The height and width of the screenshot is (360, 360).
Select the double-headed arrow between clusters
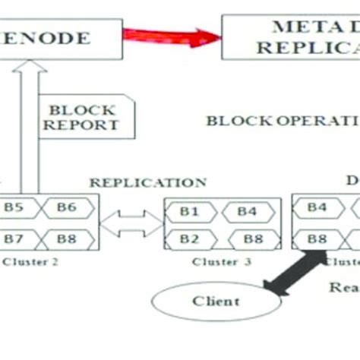[x=131, y=223]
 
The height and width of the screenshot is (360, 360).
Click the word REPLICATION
[x=147, y=182]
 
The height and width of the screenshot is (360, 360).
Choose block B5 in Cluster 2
[x=14, y=207]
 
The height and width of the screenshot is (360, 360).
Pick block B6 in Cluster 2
[x=68, y=207]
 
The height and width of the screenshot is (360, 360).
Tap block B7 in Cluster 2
[x=14, y=239]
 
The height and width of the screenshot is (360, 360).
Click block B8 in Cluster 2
[x=68, y=239]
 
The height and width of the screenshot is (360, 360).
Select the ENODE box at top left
[x=61, y=38]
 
